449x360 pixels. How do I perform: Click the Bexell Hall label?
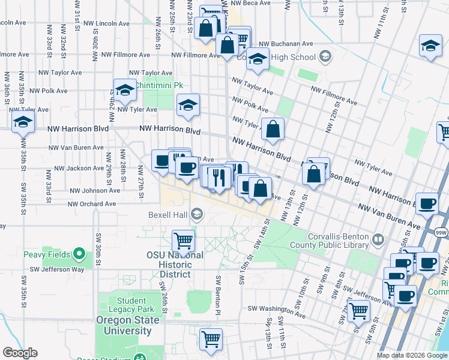(x=168, y=214)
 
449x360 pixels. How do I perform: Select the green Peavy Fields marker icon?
(x=78, y=254)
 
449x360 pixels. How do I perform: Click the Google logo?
(x=20, y=353)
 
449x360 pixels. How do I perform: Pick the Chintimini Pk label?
(x=159, y=85)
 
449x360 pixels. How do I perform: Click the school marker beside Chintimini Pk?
(x=125, y=90)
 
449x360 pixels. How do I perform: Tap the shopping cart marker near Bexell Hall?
(x=184, y=241)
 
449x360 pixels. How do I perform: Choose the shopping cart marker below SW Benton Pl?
(x=211, y=339)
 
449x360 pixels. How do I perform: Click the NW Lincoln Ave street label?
(x=107, y=23)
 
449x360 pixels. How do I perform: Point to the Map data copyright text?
(x=412, y=355)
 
